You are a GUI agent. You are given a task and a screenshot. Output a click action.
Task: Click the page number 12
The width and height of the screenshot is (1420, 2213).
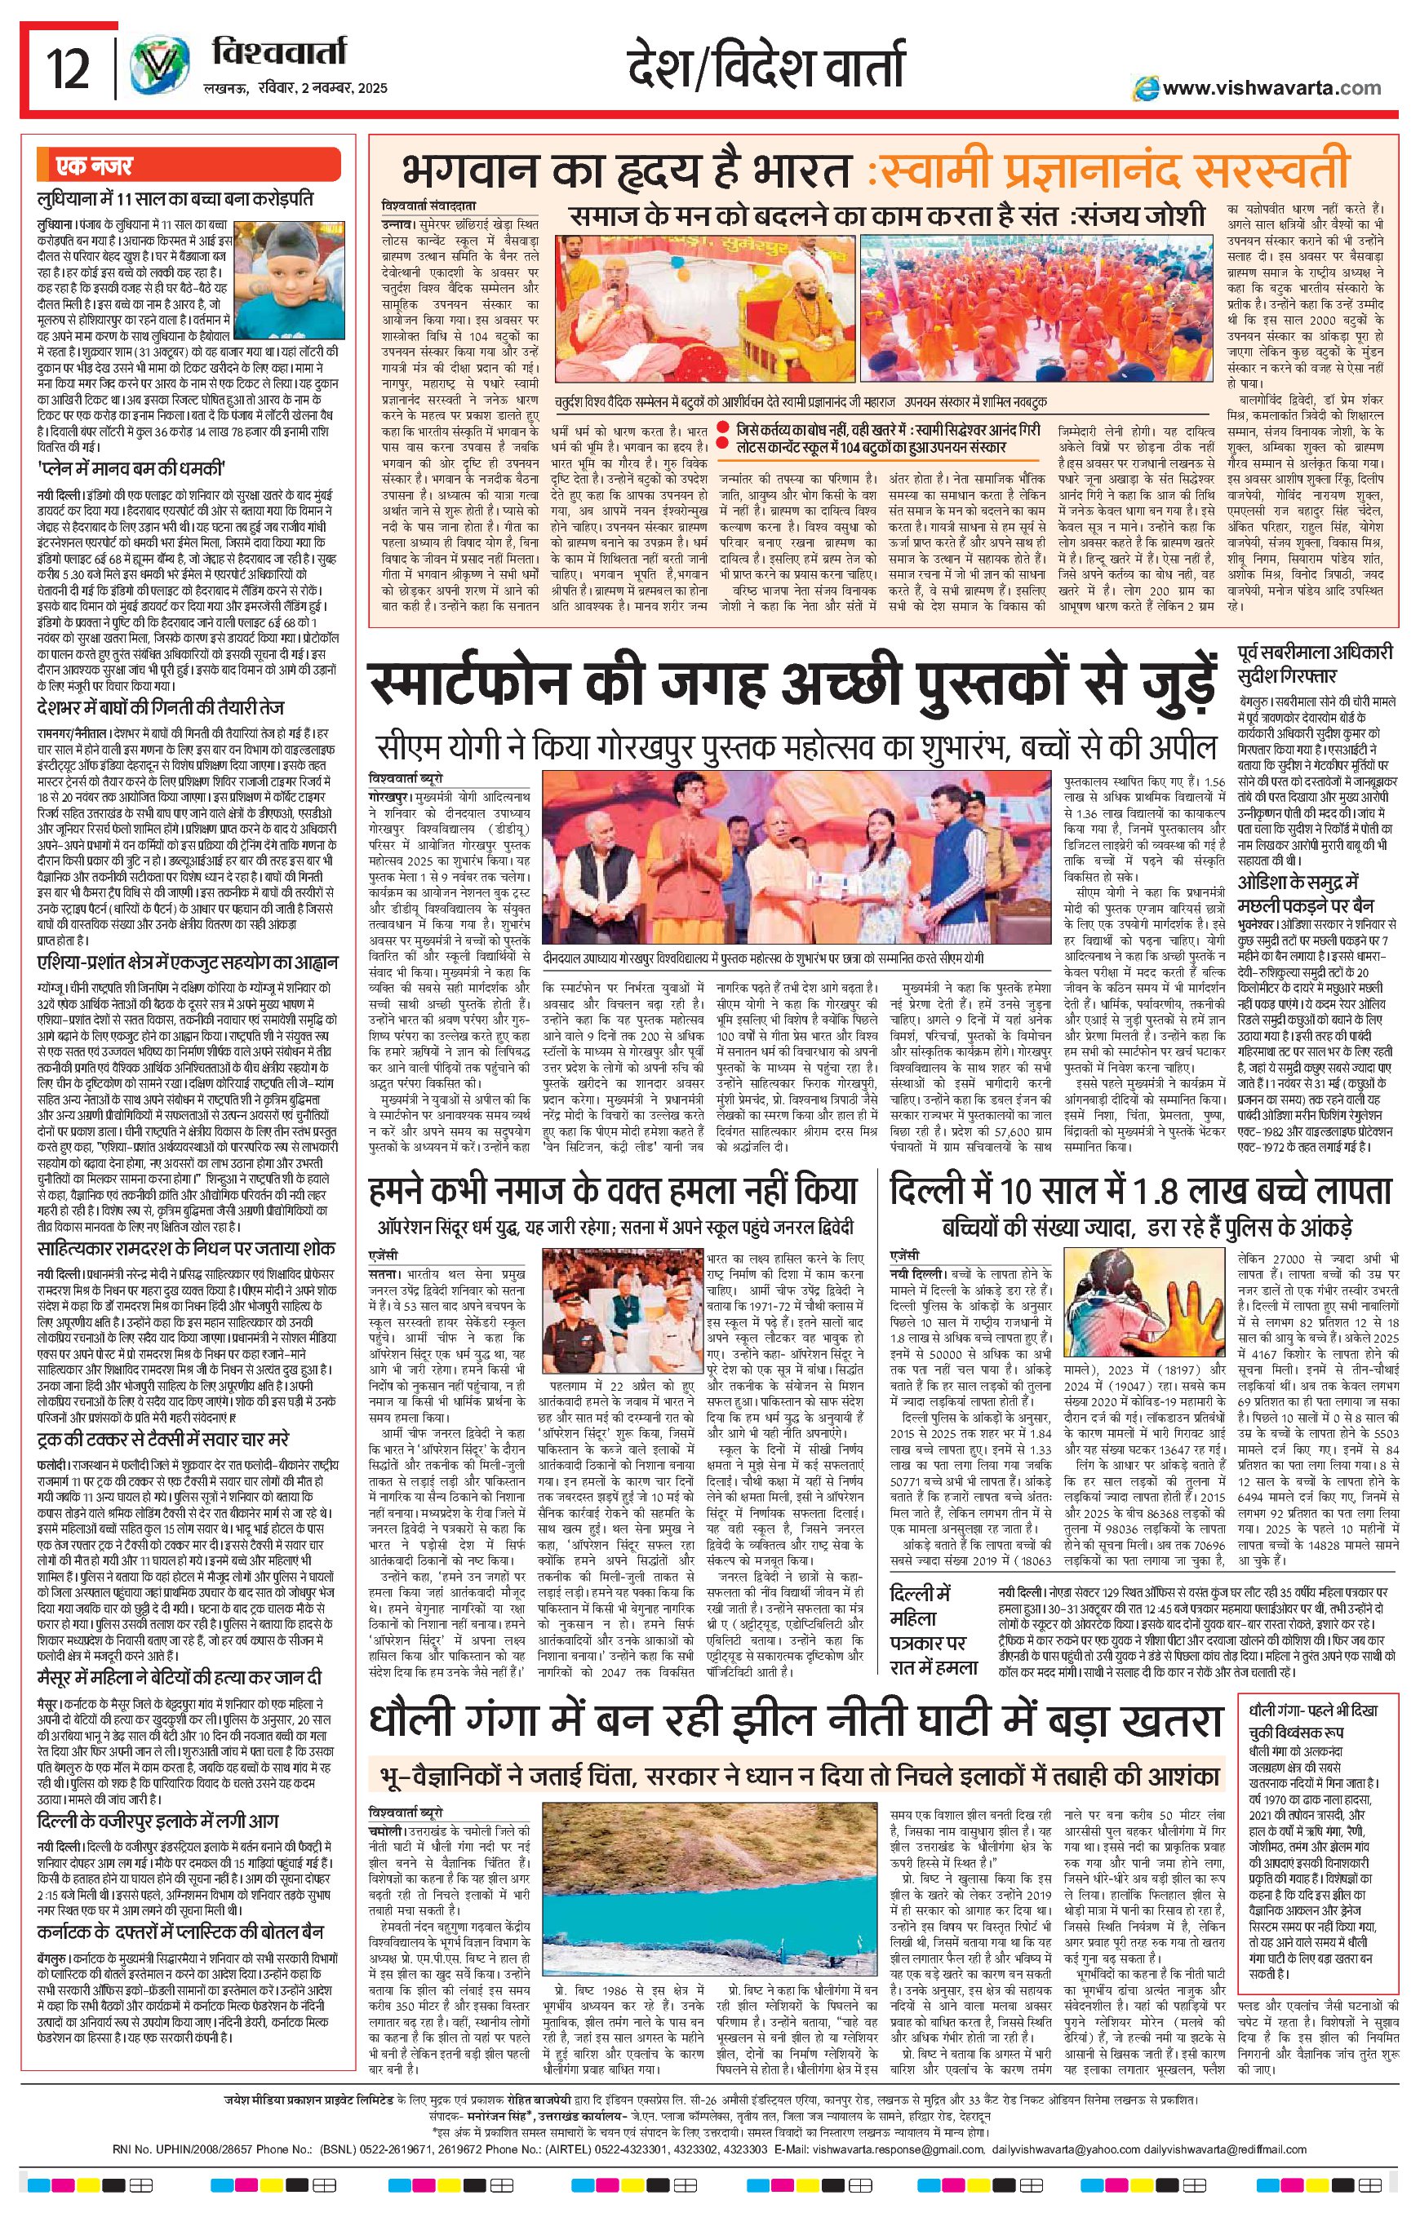[x=69, y=70]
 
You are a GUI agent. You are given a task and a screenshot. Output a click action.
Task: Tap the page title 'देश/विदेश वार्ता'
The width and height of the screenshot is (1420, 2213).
[x=765, y=69]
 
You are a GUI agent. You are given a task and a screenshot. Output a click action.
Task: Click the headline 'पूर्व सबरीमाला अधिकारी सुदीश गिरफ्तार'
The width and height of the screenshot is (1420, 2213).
[x=1315, y=664]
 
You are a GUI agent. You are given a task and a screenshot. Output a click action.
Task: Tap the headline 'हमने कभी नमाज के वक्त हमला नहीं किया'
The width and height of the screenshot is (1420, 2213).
[x=612, y=1192]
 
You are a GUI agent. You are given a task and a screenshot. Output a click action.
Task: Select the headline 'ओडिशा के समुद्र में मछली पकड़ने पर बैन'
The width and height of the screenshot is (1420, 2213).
[x=1314, y=892]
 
